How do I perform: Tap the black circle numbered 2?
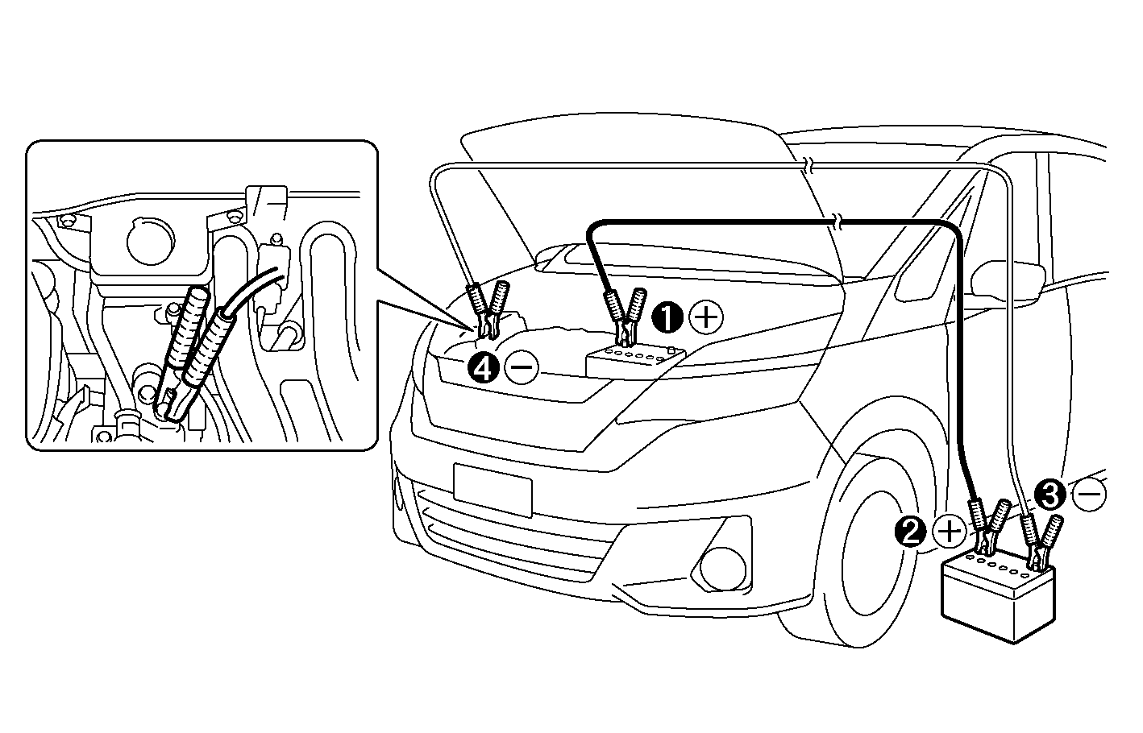point(911,532)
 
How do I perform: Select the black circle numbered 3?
point(1050,493)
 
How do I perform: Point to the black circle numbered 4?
point(483,368)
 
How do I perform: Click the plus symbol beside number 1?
point(706,317)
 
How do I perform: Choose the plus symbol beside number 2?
point(950,532)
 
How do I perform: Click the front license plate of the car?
point(493,490)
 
